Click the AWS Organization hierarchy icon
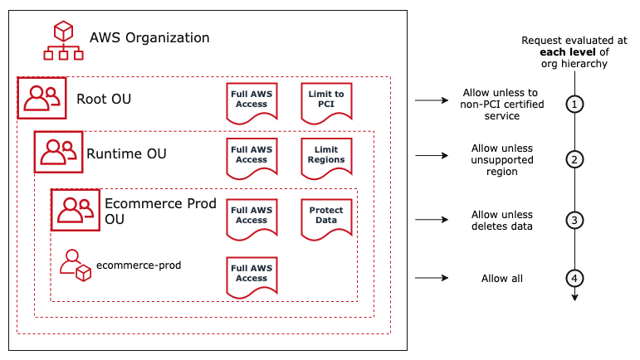point(62,41)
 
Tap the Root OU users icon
point(40,99)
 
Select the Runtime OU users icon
point(58,152)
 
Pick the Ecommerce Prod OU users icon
point(75,209)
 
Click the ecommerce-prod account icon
point(75,266)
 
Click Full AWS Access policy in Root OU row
point(252,100)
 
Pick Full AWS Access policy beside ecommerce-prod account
point(252,275)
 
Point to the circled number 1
point(574,104)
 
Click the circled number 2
point(574,159)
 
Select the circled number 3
point(574,220)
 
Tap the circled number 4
point(574,278)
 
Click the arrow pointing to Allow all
point(431,278)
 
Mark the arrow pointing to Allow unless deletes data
point(431,220)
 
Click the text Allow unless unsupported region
point(501,160)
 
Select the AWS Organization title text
point(149,38)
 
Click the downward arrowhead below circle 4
point(574,296)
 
